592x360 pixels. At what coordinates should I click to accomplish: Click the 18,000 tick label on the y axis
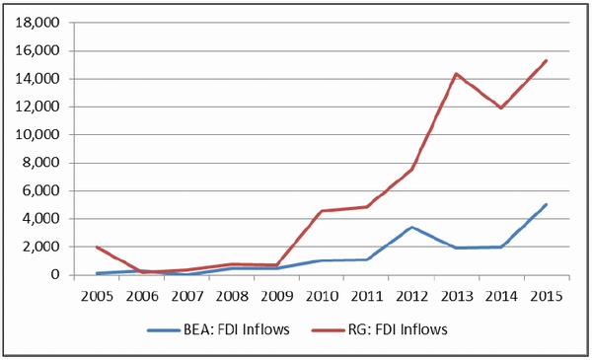[37, 23]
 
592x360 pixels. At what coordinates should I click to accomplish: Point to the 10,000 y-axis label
[37, 135]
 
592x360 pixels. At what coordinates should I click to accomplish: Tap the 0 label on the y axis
[55, 274]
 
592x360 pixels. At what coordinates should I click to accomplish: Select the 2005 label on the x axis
[97, 296]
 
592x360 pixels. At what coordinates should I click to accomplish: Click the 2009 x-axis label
[276, 296]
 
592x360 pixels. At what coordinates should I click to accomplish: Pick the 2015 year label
[547, 296]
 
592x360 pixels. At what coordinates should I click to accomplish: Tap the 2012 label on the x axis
[411, 296]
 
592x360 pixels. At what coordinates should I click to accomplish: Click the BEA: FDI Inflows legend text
[237, 329]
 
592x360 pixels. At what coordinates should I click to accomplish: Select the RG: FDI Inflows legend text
[398, 329]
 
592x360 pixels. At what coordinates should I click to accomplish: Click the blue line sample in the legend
[164, 330]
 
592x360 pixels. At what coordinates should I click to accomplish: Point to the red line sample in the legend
[329, 330]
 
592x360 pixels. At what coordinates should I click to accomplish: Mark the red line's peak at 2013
[456, 74]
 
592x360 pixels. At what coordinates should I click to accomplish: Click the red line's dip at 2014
[501, 108]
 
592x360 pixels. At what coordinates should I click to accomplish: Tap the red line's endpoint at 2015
[546, 60]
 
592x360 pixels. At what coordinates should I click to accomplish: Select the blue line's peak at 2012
[411, 227]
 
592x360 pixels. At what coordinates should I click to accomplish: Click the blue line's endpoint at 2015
[546, 204]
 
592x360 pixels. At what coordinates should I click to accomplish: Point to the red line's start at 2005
[97, 248]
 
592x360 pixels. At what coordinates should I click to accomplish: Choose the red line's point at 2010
[322, 211]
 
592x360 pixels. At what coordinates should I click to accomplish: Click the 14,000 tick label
[37, 79]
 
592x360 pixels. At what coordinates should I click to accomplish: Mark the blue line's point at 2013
[457, 248]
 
